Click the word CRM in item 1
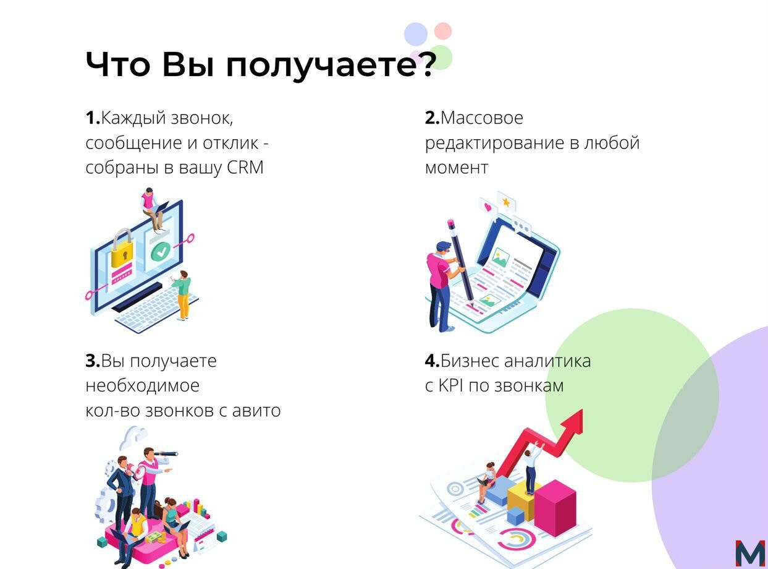pyautogui.click(x=245, y=167)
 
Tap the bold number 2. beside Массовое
pyautogui.click(x=432, y=118)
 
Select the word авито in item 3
pyautogui.click(x=256, y=411)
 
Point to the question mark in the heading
pyautogui.click(x=424, y=64)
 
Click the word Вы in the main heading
pyautogui.click(x=188, y=64)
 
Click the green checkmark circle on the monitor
pyautogui.click(x=161, y=251)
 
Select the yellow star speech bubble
pyautogui.click(x=506, y=202)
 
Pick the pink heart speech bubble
pyautogui.click(x=488, y=207)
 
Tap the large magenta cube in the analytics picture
pyautogui.click(x=555, y=508)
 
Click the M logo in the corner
pyautogui.click(x=750, y=554)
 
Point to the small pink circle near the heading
pyautogui.click(x=443, y=31)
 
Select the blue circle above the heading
pyautogui.click(x=416, y=34)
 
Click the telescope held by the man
pyautogui.click(x=166, y=453)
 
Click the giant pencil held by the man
pyautogui.click(x=460, y=263)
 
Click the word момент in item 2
pyautogui.click(x=457, y=168)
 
